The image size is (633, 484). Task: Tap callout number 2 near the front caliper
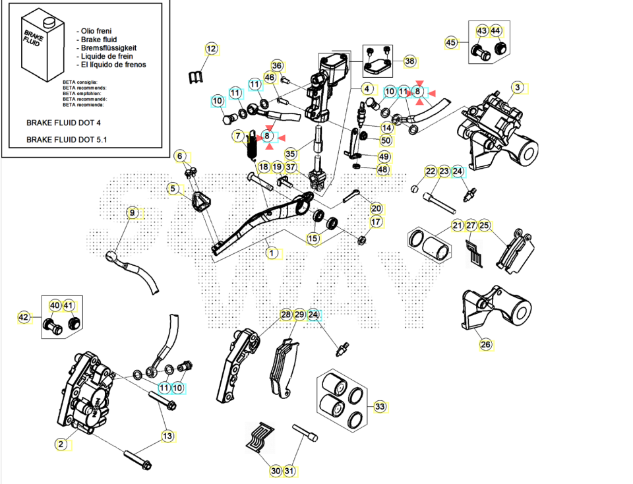click(x=61, y=444)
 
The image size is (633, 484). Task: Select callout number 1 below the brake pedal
click(x=270, y=252)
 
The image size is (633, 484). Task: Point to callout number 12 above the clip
click(x=211, y=49)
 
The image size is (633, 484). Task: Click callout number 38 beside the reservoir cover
click(x=410, y=61)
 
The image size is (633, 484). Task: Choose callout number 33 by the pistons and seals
click(x=380, y=407)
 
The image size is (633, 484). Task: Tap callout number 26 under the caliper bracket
click(x=486, y=344)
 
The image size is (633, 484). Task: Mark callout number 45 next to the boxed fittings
click(x=451, y=43)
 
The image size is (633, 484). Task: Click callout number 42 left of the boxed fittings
click(x=24, y=317)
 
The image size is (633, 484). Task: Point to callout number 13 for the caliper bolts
click(x=167, y=436)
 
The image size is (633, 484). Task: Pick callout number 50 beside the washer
click(x=386, y=140)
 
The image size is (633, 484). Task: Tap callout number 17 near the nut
click(x=375, y=222)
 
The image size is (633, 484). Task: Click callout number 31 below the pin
click(x=290, y=471)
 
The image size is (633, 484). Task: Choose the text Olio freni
click(x=96, y=31)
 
